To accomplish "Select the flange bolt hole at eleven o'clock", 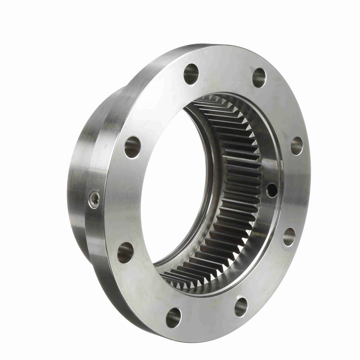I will (x=191, y=72).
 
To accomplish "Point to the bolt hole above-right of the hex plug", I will (x=132, y=145).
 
